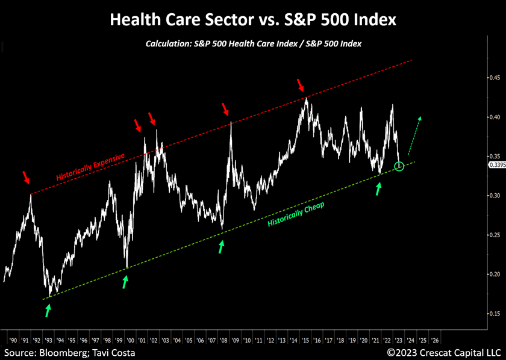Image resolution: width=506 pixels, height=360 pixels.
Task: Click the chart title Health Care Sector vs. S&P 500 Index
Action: click(x=253, y=20)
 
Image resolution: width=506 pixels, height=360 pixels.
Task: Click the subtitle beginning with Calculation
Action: click(x=253, y=44)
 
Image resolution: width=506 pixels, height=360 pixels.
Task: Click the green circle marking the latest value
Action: click(x=399, y=166)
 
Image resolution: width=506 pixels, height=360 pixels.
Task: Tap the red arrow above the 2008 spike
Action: click(x=226, y=109)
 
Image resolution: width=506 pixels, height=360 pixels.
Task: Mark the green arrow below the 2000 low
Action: click(x=125, y=281)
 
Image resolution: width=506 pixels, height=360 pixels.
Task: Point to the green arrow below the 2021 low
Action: click(x=378, y=188)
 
